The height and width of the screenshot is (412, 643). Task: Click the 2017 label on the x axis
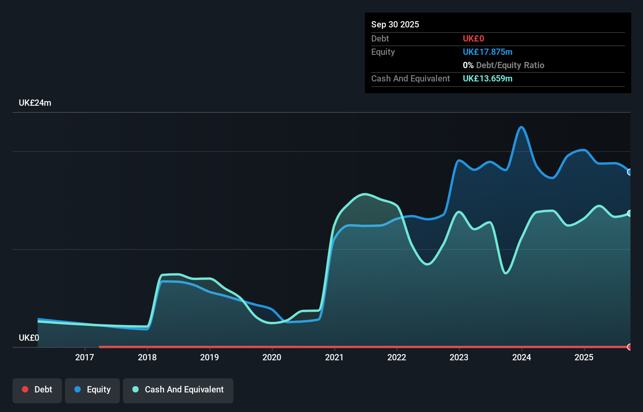coord(85,357)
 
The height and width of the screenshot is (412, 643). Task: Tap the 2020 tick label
coord(272,357)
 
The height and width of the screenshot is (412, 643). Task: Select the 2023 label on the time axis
coord(459,357)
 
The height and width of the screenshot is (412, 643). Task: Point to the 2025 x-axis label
coord(584,357)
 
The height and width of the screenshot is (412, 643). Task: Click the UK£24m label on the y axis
coord(35,103)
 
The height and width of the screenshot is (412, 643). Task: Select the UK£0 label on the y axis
coord(29,338)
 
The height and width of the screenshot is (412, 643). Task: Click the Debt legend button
coord(37,390)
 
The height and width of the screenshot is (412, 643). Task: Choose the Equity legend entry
coord(92,390)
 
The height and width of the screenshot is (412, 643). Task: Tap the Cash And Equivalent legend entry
coord(178,390)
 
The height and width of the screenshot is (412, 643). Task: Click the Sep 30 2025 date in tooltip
coord(395,24)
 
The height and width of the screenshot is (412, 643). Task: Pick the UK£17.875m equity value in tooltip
coord(488,52)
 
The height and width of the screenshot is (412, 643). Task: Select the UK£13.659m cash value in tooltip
coord(488,78)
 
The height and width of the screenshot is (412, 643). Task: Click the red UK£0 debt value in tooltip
coord(473,38)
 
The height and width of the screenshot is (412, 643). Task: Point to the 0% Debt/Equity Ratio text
coord(504,65)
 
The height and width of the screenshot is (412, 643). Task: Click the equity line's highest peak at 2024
coord(521,127)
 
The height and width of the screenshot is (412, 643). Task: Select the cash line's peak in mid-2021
coord(365,194)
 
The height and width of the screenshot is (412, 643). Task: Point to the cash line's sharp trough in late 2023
coord(506,273)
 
